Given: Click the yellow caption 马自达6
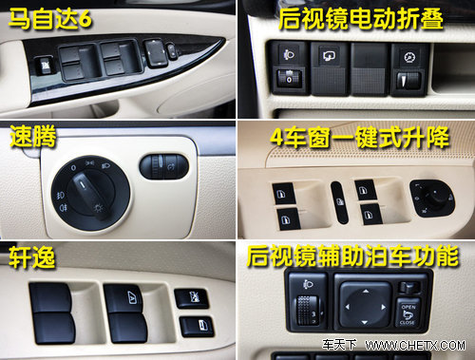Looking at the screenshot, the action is [x=50, y=18].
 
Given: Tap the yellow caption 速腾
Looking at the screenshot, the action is [x=33, y=136].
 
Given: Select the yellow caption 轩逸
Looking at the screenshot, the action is [x=31, y=257].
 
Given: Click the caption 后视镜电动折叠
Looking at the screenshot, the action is [x=361, y=19].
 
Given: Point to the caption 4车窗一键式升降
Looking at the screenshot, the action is [x=360, y=138].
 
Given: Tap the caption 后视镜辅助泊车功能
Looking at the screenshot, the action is [x=352, y=256].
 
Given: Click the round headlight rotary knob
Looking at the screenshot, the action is [x=90, y=193].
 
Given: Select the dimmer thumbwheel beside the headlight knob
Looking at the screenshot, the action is [x=163, y=166].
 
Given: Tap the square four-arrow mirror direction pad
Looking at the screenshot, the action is [x=365, y=306].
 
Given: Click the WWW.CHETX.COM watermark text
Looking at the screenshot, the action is [x=415, y=345].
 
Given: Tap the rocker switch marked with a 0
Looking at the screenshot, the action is [x=289, y=78].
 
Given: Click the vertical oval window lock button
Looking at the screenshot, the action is [x=339, y=202].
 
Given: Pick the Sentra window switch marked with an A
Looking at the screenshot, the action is [x=126, y=298].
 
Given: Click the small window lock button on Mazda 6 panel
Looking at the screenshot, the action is [x=43, y=66].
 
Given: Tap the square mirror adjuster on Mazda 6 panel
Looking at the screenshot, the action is [x=154, y=52].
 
